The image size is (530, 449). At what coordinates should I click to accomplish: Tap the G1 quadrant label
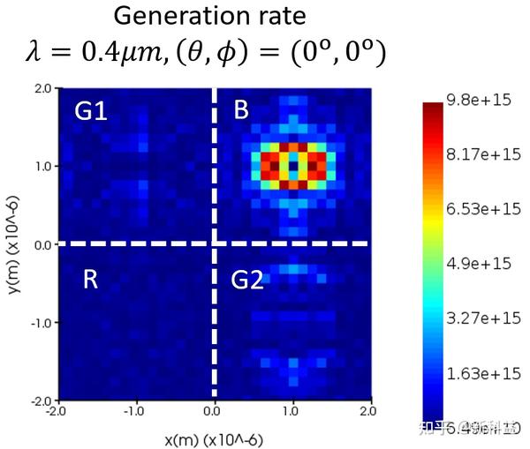90,111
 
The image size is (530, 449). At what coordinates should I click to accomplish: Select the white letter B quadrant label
241,110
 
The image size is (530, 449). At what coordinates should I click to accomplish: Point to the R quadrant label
90,280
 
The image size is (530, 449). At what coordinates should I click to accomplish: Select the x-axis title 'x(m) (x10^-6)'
214,438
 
